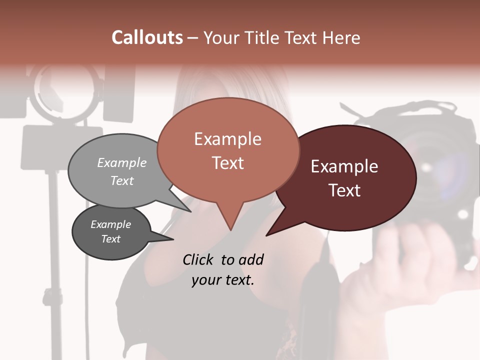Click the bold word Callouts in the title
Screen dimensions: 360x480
point(147,37)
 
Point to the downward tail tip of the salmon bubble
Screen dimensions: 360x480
point(230,229)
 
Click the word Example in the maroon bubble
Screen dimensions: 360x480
point(344,166)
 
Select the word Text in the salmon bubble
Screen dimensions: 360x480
point(228,163)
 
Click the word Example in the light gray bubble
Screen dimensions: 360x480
point(122,162)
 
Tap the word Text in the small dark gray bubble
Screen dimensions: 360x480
point(111,239)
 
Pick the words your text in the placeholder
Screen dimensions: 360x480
point(223,280)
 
